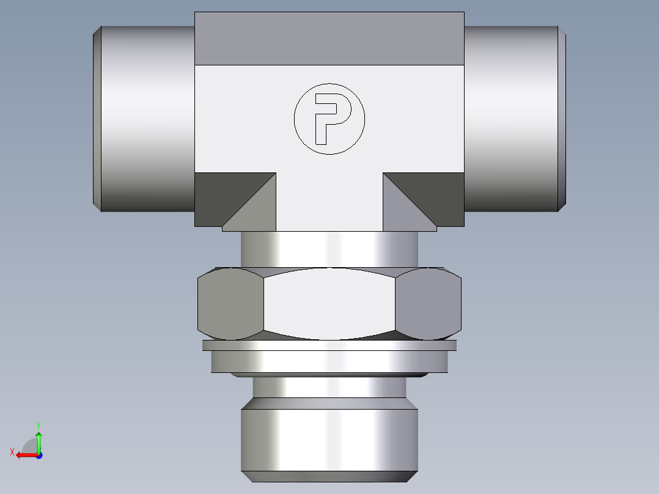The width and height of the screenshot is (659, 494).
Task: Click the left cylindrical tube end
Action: pyautogui.click(x=147, y=119)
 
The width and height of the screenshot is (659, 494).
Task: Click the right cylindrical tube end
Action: pyautogui.click(x=510, y=119)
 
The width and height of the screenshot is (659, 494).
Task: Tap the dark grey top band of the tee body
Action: pyautogui.click(x=329, y=38)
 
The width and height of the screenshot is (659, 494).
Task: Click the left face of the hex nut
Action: pyautogui.click(x=230, y=304)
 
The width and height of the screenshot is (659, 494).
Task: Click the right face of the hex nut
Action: pyautogui.click(x=428, y=304)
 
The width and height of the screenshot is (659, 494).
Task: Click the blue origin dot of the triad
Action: pyautogui.click(x=39, y=455)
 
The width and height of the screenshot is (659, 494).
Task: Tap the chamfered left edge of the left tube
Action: pyautogui.click(x=96, y=119)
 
